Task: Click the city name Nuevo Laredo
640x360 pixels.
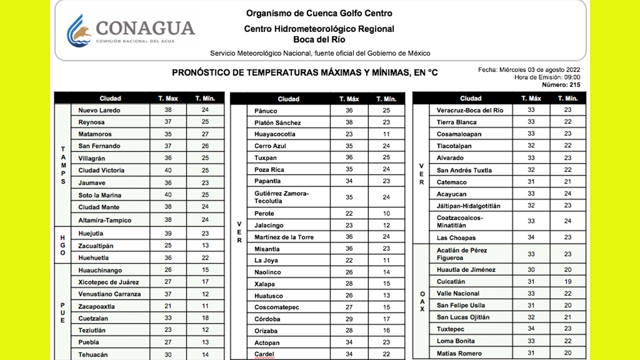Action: click(99, 110)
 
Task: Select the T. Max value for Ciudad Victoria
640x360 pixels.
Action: click(168, 170)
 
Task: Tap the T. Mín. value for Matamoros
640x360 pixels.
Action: click(205, 134)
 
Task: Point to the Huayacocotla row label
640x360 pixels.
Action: click(274, 134)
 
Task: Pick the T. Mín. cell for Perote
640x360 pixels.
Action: click(386, 214)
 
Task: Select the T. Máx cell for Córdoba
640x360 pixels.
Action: click(349, 319)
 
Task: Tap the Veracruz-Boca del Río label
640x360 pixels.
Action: click(469, 110)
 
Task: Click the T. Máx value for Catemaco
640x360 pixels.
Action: click(531, 182)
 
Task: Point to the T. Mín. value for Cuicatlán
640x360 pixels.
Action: click(567, 281)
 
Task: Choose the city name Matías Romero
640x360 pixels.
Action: click(459, 353)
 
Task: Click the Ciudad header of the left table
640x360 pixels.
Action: click(110, 98)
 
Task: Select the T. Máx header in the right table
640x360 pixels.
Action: click(531, 98)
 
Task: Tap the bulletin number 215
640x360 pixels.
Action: click(574, 85)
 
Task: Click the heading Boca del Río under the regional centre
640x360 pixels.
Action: click(319, 40)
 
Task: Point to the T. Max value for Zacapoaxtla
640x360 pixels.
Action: click(168, 306)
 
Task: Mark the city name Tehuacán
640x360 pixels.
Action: click(93, 354)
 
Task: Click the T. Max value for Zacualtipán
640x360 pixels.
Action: click(168, 246)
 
